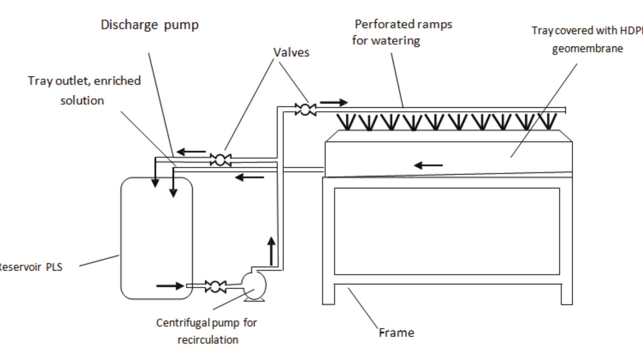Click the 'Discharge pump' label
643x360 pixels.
point(149,25)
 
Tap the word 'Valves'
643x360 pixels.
point(291,52)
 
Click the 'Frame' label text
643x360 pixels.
point(397,332)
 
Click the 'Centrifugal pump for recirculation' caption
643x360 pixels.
point(207,331)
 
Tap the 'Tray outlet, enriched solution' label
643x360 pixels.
point(84,90)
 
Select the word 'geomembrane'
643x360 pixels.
point(587,48)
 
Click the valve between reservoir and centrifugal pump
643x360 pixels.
point(215,286)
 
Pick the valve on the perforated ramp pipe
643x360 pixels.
point(305,109)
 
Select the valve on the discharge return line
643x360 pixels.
point(220,160)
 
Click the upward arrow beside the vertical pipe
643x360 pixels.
point(272,251)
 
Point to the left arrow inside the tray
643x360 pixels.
point(428,165)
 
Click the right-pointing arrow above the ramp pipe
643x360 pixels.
point(333,103)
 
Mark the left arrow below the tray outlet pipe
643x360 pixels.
point(249,177)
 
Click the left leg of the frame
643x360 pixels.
point(328,294)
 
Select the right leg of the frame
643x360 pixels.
point(566,294)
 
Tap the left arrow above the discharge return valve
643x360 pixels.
point(191,152)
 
